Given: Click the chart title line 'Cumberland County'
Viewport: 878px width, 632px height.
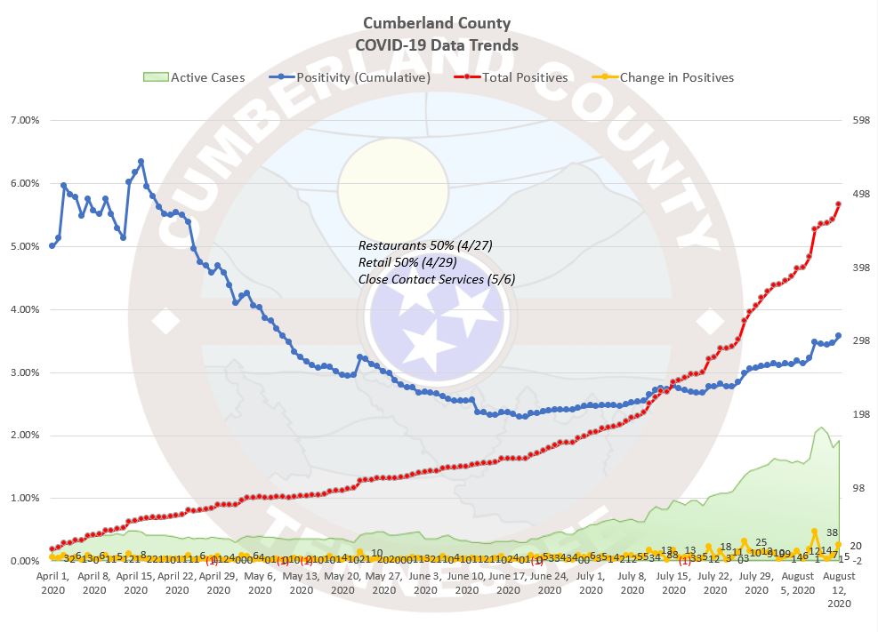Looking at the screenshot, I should coord(437,23).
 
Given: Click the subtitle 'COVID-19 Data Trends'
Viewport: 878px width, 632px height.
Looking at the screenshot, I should coord(437,44).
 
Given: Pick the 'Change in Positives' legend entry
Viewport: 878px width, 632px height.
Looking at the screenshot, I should coord(676,77).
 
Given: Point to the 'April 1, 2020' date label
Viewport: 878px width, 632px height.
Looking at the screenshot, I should coord(53,582).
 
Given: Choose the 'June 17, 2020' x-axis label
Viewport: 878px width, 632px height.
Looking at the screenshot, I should coord(505,582).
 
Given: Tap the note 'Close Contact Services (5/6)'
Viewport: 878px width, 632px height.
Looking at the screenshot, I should coord(437,279).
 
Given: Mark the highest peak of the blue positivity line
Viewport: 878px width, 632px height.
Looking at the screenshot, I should coord(141,162).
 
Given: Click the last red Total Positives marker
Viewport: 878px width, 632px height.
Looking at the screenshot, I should coord(838,204).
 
